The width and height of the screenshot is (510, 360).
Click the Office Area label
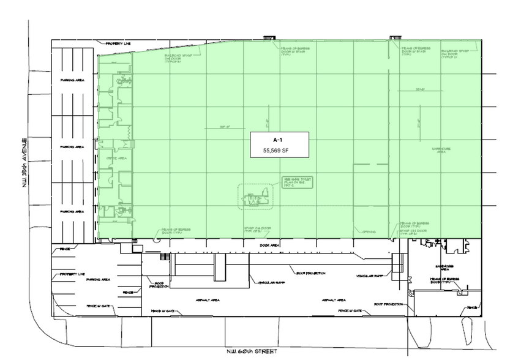(116, 158)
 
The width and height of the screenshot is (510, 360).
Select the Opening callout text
(369, 232)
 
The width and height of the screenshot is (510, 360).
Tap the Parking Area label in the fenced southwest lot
(98, 279)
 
